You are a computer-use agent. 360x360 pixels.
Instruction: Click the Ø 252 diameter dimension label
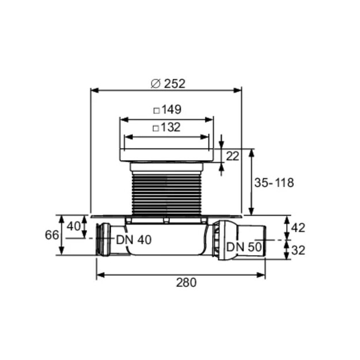tap(168, 84)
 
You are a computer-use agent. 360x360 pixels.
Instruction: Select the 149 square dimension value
tap(172, 109)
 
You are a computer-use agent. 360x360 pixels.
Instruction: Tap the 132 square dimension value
tap(171, 127)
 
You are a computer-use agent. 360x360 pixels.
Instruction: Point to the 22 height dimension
tap(233, 156)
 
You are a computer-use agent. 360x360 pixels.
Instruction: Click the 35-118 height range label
tap(274, 183)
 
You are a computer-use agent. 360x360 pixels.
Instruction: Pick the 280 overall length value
tap(186, 282)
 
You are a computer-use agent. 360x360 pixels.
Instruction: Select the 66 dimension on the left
tap(52, 235)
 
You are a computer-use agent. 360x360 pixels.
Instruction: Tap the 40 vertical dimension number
tap(74, 226)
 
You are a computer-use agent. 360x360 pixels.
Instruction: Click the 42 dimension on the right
tap(298, 228)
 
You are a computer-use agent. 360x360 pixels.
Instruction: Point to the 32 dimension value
tap(298, 250)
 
